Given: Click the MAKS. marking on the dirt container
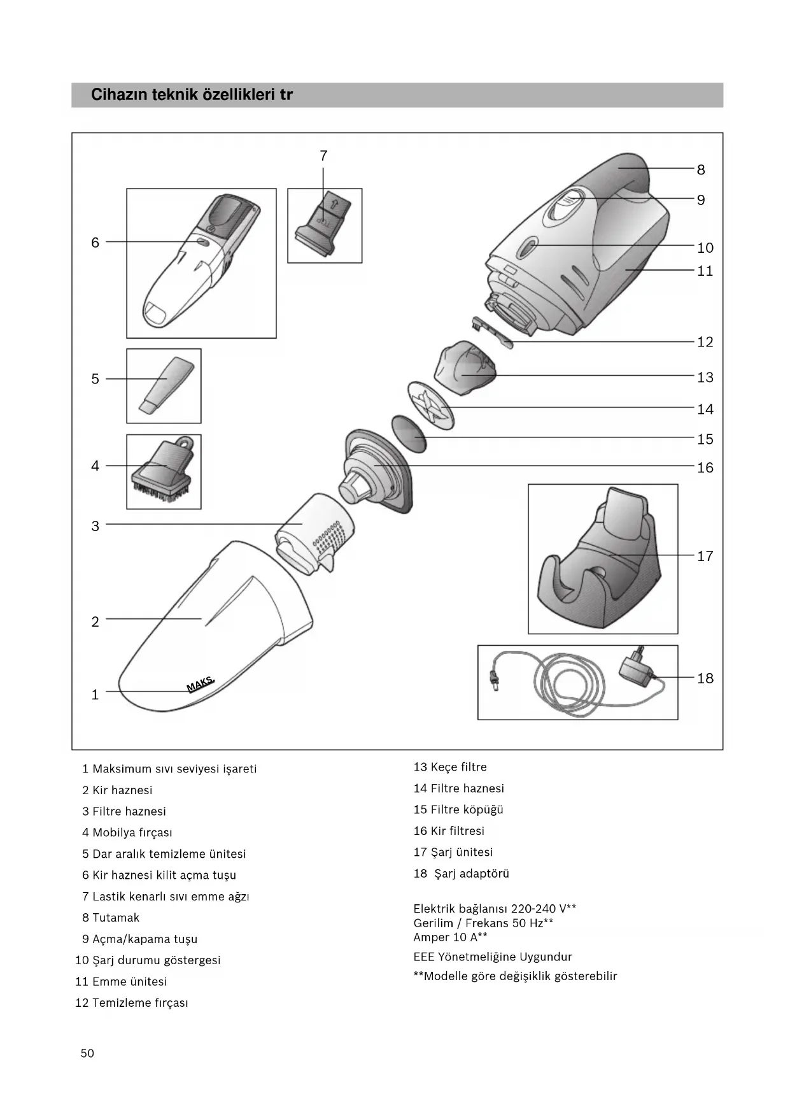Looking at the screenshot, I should point(201,685).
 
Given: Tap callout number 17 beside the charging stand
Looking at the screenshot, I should point(705,556).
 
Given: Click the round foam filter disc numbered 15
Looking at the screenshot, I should point(408,433).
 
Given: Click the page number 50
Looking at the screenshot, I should point(87,1053).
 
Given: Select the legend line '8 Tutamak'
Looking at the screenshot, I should point(111,918).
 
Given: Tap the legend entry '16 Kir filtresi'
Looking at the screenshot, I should point(449,831).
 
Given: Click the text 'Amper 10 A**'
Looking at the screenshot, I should point(450,937).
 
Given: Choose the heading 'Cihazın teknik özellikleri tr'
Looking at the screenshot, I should point(192,95).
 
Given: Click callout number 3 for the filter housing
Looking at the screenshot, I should point(95,526).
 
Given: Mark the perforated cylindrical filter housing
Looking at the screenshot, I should point(316,532).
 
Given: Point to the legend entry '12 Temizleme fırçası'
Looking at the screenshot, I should point(132,1003).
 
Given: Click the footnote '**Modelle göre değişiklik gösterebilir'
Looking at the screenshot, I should point(515,976).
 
